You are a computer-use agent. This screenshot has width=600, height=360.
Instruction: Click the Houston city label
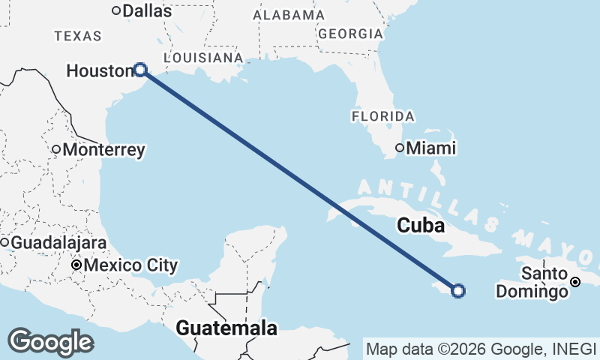point(99,70)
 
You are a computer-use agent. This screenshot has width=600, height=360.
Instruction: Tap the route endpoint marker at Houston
point(140,70)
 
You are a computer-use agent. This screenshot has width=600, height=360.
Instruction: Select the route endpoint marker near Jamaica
point(458,291)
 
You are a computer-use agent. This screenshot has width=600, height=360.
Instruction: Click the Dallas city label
point(146,11)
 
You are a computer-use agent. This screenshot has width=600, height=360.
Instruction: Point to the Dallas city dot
point(116,10)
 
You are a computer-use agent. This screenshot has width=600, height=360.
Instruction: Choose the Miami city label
point(430,148)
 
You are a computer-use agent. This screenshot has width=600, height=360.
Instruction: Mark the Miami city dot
point(400,148)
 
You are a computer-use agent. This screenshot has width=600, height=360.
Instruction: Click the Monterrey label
point(103,150)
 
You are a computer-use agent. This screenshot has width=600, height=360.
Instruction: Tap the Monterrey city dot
point(56,149)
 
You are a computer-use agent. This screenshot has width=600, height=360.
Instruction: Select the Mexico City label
point(130,265)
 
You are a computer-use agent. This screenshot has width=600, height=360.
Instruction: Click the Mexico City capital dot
point(76,265)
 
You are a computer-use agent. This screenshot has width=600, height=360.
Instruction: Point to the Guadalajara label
point(58,243)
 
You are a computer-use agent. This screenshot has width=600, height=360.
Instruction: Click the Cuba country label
point(421,225)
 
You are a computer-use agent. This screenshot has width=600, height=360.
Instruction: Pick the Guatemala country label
point(226,328)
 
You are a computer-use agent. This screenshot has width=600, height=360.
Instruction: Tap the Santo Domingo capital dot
point(575,282)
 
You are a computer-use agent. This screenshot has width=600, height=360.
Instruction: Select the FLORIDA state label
point(382,116)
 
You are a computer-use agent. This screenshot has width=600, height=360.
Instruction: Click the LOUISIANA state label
point(202,58)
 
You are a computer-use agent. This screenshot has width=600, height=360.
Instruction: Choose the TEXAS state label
point(78,35)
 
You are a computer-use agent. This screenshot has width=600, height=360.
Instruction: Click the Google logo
point(50,342)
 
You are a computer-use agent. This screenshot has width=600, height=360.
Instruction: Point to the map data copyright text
point(481,349)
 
